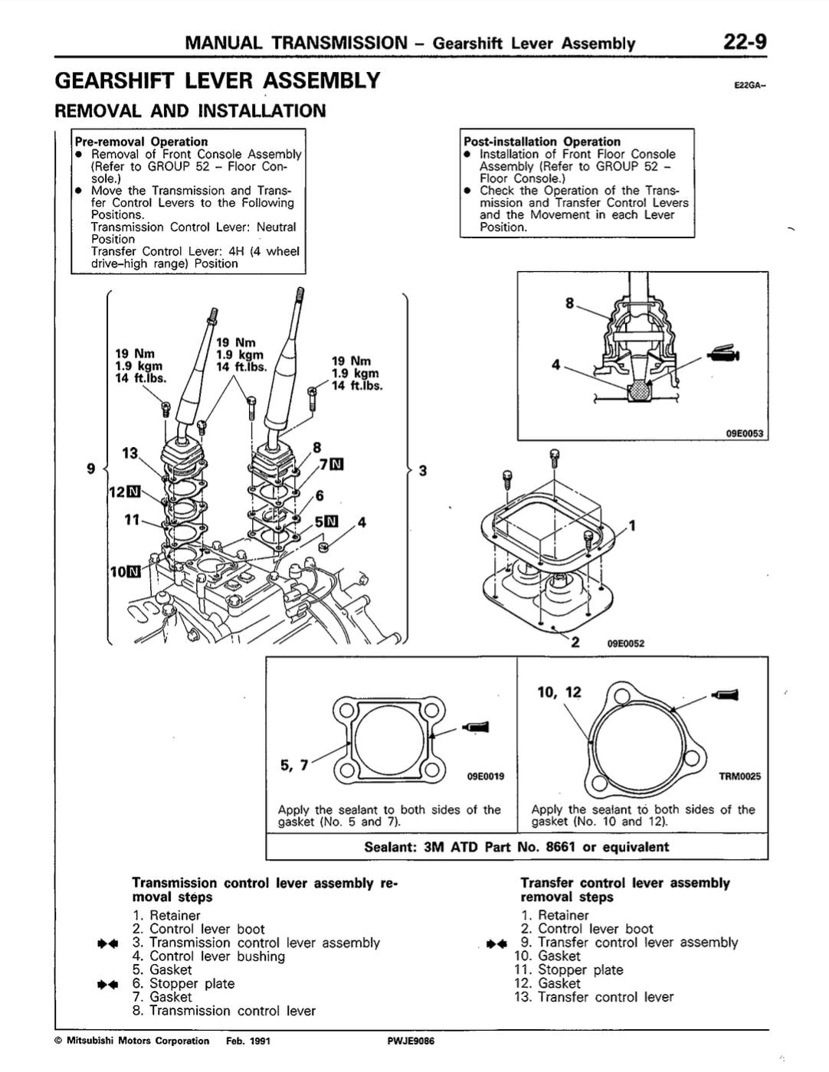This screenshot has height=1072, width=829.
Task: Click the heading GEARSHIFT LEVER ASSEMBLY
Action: click(x=218, y=80)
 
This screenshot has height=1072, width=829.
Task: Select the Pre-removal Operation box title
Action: click(x=141, y=141)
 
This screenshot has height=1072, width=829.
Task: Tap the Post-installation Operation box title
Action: click(x=542, y=141)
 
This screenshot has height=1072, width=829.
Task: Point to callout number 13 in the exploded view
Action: click(x=130, y=453)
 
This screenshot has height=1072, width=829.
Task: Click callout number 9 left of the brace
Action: click(x=91, y=468)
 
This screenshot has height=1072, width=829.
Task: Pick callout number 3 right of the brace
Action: click(x=422, y=469)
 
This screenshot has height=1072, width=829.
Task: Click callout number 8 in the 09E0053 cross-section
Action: click(x=569, y=303)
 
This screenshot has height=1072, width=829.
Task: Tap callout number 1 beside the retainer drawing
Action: click(x=632, y=525)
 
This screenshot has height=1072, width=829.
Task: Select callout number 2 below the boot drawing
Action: click(x=575, y=642)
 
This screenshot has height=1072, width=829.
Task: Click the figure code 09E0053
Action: click(x=744, y=433)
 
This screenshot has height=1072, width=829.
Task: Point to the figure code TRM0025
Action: click(x=739, y=776)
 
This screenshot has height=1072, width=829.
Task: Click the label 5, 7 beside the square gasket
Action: click(x=294, y=763)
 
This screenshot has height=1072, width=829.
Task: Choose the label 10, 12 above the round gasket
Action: click(x=559, y=692)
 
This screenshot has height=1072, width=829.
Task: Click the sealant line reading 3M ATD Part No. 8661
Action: click(x=516, y=847)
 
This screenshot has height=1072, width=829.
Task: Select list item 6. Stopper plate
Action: click(x=183, y=983)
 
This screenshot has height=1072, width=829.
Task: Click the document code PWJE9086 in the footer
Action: click(x=411, y=1041)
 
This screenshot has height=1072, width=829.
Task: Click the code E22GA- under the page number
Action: click(x=749, y=86)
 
